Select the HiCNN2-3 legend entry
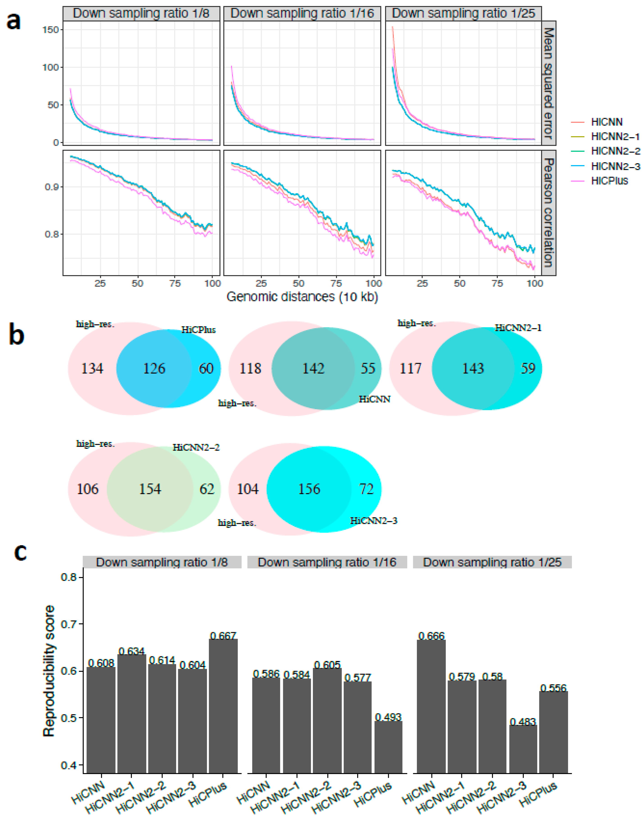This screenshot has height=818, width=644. (x=614, y=166)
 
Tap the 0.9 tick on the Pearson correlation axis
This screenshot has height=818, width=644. (x=52, y=187)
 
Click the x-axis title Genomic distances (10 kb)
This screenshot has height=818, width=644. (x=302, y=297)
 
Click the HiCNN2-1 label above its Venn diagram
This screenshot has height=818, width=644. (x=518, y=328)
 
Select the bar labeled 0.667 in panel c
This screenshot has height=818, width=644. (x=223, y=706)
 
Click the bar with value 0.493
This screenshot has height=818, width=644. (x=388, y=747)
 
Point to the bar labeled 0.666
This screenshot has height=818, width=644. (x=431, y=706)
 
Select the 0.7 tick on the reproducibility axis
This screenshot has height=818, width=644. (x=69, y=624)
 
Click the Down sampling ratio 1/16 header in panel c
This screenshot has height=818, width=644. (x=327, y=562)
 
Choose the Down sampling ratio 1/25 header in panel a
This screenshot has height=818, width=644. (x=463, y=14)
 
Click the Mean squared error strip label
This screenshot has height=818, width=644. (x=549, y=83)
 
